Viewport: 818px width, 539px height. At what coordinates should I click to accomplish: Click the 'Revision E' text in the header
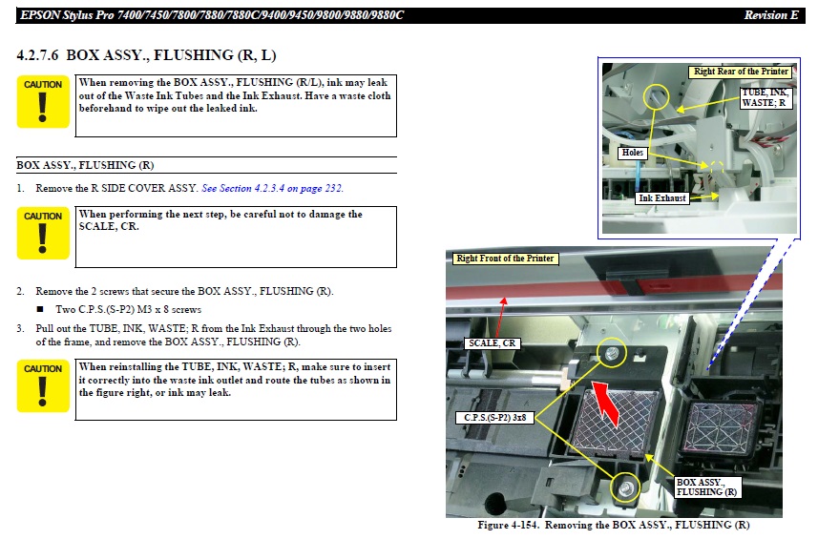pyautogui.click(x=770, y=15)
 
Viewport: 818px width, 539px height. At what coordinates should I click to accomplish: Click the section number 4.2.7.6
pyautogui.click(x=37, y=55)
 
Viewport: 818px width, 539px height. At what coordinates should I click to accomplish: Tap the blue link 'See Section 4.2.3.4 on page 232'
pyautogui.click(x=272, y=188)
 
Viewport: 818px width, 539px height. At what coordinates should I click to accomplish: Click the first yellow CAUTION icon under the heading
pyautogui.click(x=43, y=102)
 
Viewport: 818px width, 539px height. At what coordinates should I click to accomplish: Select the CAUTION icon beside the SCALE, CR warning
pyautogui.click(x=43, y=233)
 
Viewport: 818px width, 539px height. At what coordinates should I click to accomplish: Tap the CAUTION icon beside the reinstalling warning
pyautogui.click(x=43, y=385)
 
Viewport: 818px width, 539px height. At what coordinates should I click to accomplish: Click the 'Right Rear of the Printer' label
pyautogui.click(x=741, y=72)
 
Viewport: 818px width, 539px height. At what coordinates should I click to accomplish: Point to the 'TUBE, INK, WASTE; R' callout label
pyautogui.click(x=766, y=97)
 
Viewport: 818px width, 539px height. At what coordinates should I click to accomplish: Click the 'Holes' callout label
pyautogui.click(x=632, y=153)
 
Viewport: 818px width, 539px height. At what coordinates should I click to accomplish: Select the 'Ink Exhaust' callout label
pyautogui.click(x=662, y=198)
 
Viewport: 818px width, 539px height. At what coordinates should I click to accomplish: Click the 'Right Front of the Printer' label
pyautogui.click(x=505, y=259)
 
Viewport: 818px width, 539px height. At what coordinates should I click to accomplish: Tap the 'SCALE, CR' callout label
pyautogui.click(x=492, y=343)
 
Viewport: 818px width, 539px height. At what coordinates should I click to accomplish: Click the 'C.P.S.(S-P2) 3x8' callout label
pyautogui.click(x=494, y=418)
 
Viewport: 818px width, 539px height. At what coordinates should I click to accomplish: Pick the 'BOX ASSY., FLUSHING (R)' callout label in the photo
pyautogui.click(x=706, y=487)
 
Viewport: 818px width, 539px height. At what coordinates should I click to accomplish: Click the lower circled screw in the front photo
pyautogui.click(x=625, y=488)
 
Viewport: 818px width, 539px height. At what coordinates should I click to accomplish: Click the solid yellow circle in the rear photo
pyautogui.click(x=655, y=97)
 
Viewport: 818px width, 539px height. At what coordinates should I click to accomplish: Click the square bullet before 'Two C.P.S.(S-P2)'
pyautogui.click(x=40, y=309)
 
